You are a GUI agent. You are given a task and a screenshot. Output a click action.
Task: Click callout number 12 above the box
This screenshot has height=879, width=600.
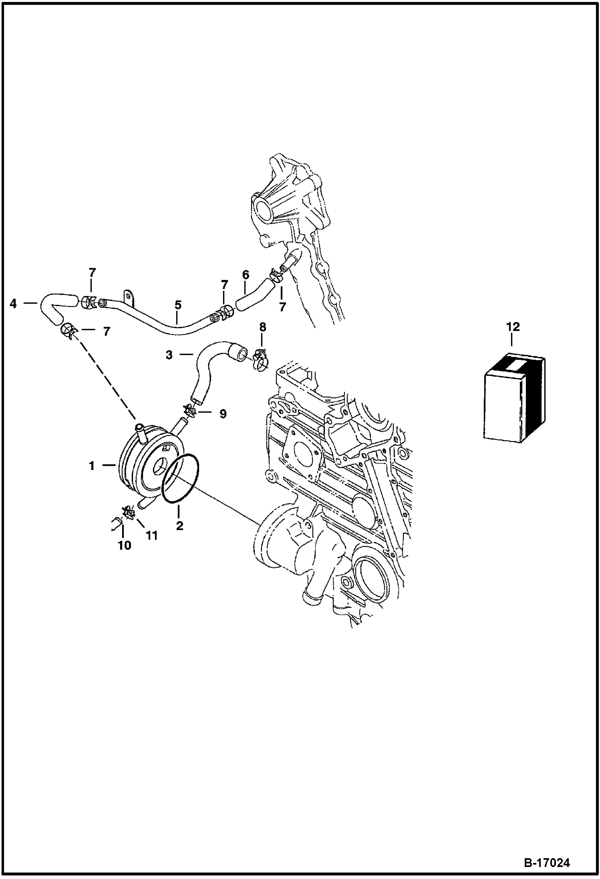(x=513, y=327)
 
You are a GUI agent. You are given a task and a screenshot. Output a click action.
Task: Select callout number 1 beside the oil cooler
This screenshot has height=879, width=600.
(x=92, y=466)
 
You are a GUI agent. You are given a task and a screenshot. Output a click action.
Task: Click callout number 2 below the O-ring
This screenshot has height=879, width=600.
(x=179, y=525)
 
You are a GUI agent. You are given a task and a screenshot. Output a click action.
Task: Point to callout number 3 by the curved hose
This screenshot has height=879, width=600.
(x=169, y=355)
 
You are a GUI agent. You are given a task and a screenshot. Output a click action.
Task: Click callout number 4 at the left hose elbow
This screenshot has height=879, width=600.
(x=14, y=304)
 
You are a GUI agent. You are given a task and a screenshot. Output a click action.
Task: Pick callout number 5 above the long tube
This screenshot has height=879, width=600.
(x=177, y=305)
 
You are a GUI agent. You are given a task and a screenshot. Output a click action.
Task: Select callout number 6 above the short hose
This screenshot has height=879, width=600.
(x=246, y=275)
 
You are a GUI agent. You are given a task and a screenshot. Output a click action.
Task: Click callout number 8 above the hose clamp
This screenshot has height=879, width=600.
(x=262, y=327)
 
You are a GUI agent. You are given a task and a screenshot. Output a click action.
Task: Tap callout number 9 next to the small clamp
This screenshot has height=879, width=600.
(x=223, y=413)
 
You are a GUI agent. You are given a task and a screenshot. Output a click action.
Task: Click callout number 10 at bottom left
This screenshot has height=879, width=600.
(x=125, y=545)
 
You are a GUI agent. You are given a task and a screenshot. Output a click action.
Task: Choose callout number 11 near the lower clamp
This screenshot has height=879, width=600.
(x=151, y=535)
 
